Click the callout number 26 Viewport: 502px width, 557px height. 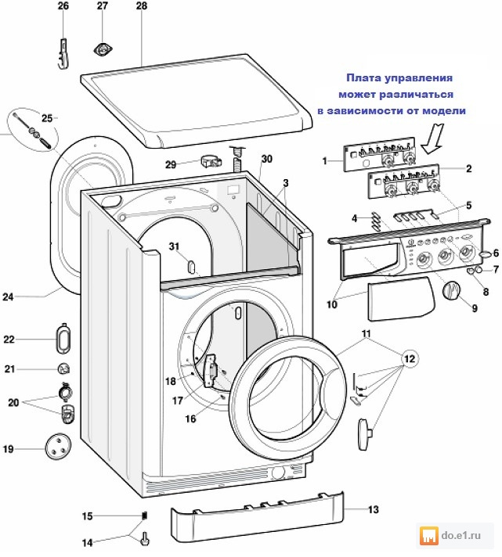pyautogui.click(x=63, y=6)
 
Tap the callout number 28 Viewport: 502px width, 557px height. pyautogui.click(x=141, y=6)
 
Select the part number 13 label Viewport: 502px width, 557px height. pyautogui.click(x=373, y=509)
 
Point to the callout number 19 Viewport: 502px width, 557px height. pyautogui.click(x=9, y=450)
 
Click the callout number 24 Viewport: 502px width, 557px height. pyautogui.click(x=9, y=296)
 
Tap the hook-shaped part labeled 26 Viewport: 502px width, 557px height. pyautogui.click(x=64, y=53)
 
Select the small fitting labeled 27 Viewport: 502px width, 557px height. pyautogui.click(x=102, y=49)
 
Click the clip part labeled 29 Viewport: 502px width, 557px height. pyautogui.click(x=210, y=163)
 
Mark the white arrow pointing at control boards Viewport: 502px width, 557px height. pyautogui.click(x=431, y=141)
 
